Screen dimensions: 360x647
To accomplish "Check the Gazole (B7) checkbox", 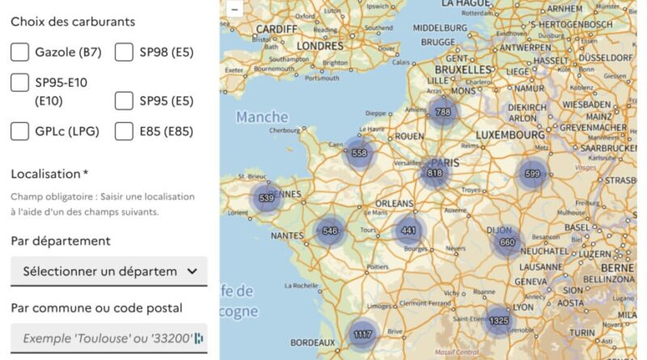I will (20, 53).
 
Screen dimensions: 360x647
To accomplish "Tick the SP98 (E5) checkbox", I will (124, 53).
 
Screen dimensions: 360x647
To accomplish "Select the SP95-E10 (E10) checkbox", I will (20, 82).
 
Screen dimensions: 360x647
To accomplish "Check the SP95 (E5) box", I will (124, 101).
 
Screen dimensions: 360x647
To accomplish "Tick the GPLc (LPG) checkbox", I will (20, 131).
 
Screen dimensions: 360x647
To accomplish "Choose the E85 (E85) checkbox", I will (124, 131).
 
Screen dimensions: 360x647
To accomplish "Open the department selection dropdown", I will (108, 271).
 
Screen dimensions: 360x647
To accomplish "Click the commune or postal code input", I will (108, 338).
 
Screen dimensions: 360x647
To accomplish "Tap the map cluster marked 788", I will (442, 112).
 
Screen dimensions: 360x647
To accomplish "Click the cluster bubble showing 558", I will (360, 153).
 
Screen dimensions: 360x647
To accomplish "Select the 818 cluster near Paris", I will (435, 173).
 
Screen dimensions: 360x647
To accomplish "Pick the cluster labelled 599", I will (532, 174).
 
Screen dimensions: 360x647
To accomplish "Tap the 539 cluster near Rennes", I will (266, 197).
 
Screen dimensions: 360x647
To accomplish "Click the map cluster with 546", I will (330, 231).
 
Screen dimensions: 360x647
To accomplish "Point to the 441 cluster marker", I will (409, 231).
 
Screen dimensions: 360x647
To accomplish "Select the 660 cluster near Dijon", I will (507, 242).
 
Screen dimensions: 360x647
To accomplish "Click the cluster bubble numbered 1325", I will (499, 321).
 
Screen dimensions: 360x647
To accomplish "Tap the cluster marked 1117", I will (363, 334).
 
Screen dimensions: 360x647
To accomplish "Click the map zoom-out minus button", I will (235, 9).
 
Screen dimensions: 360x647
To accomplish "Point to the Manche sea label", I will (262, 117).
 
